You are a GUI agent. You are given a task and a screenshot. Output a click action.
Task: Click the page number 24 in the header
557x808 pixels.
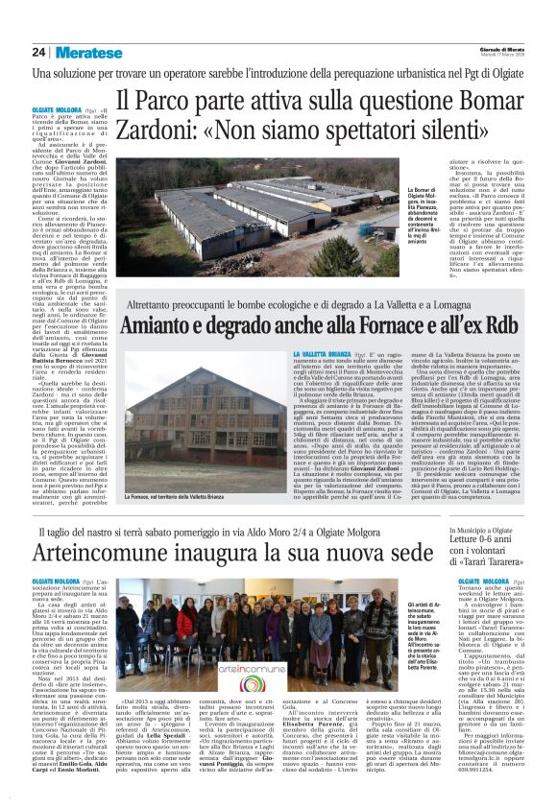click(x=39, y=53)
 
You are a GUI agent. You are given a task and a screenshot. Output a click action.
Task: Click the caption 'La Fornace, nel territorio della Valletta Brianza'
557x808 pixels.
click(x=182, y=497)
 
